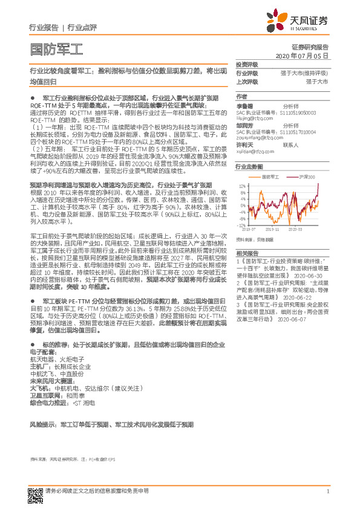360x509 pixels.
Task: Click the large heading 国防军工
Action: tap(56, 48)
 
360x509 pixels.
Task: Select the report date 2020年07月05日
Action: tap(302, 55)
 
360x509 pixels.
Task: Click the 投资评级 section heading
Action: tap(246, 64)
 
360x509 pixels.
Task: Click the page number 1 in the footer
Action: tap(327, 491)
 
